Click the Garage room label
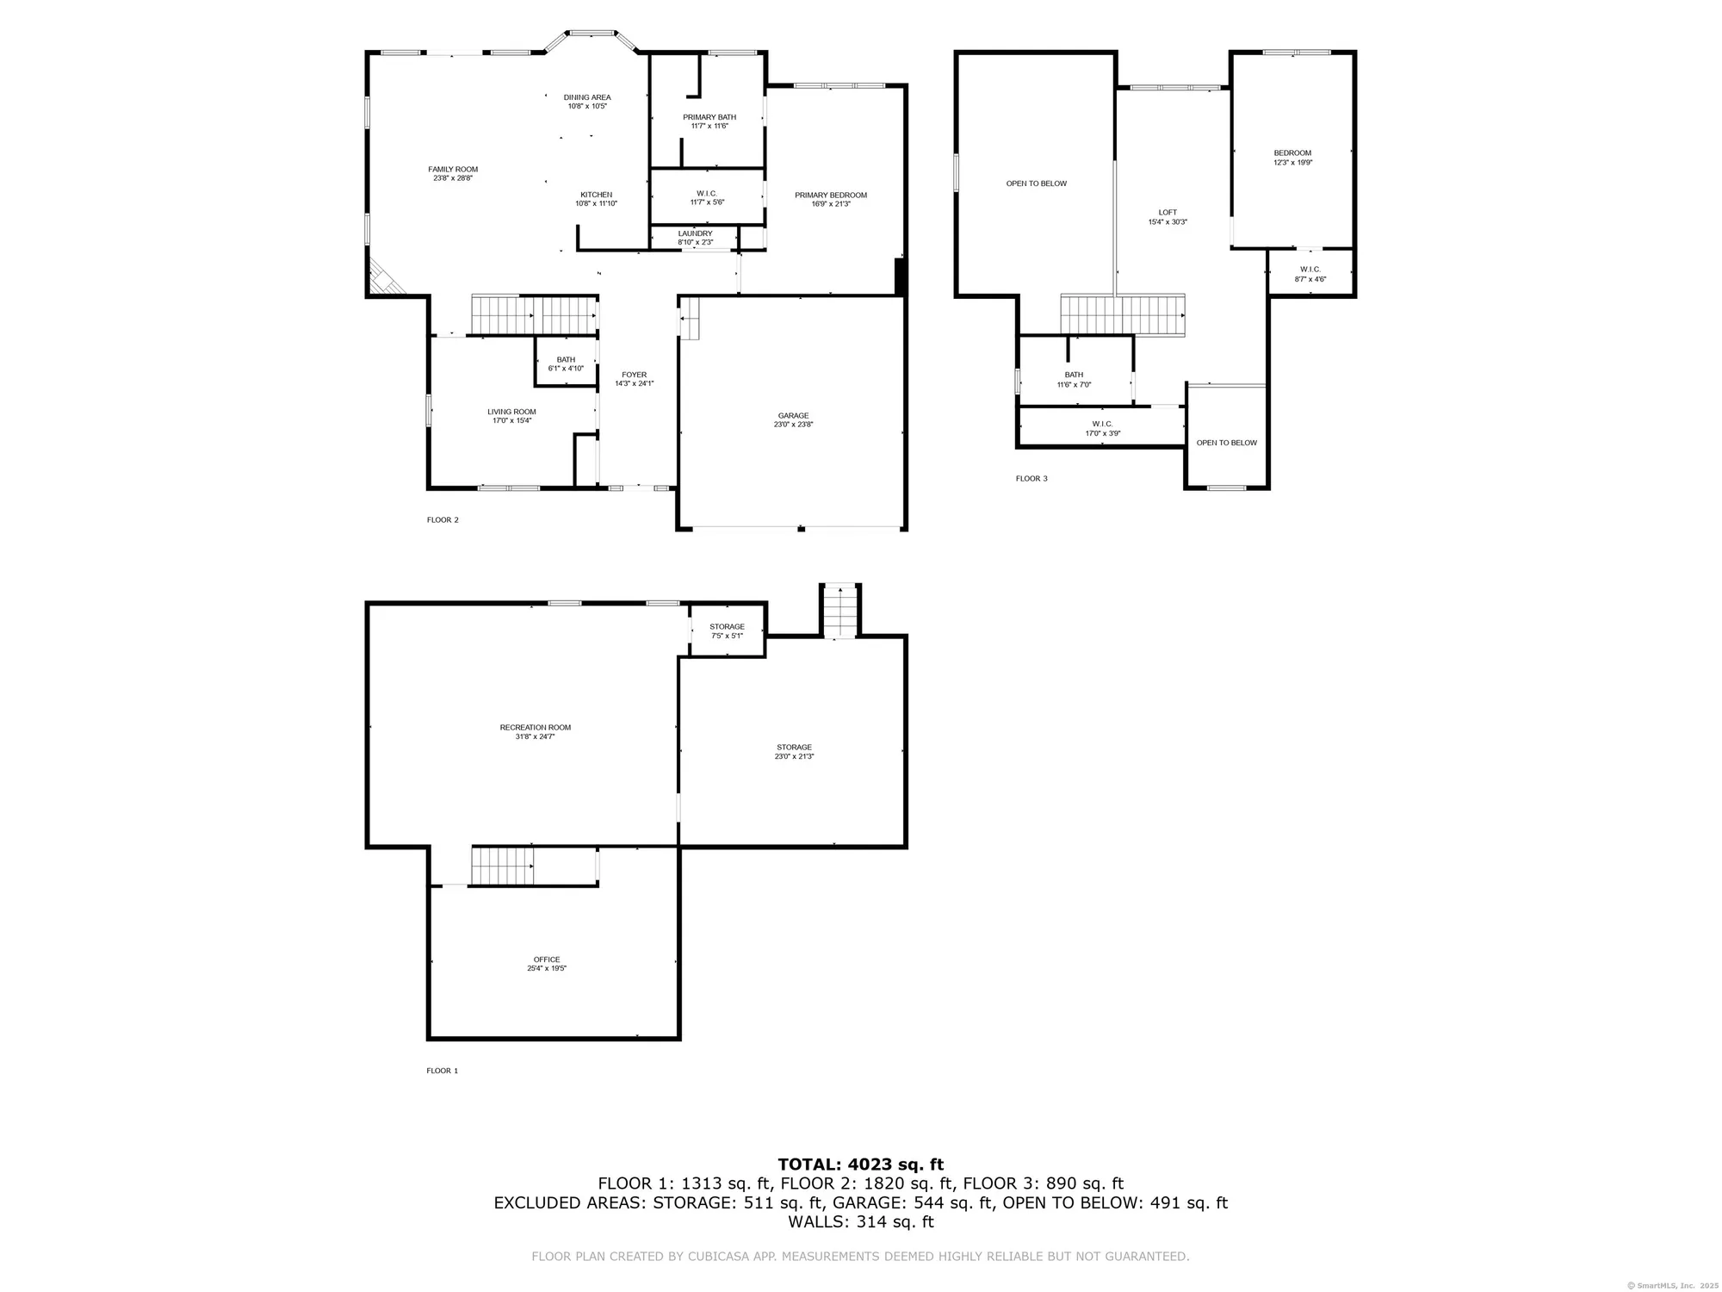tap(793, 416)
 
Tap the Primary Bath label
tap(709, 117)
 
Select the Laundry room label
tap(695, 233)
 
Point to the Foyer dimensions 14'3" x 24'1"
tap(634, 383)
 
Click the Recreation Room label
tap(535, 728)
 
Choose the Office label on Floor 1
tap(547, 960)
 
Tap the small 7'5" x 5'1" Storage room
tap(727, 631)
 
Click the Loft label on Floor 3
tap(1168, 213)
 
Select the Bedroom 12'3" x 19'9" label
tap(1292, 153)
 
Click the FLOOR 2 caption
tap(443, 520)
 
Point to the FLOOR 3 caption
tap(1031, 479)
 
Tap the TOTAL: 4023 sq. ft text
tap(860, 1165)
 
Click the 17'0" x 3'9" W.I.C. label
tap(1102, 424)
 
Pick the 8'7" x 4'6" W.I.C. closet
tap(1310, 274)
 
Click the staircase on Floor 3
tap(1122, 314)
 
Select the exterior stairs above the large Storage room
tap(839, 611)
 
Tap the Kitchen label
tap(596, 195)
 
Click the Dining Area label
tap(587, 97)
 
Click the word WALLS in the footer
tap(812, 1222)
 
